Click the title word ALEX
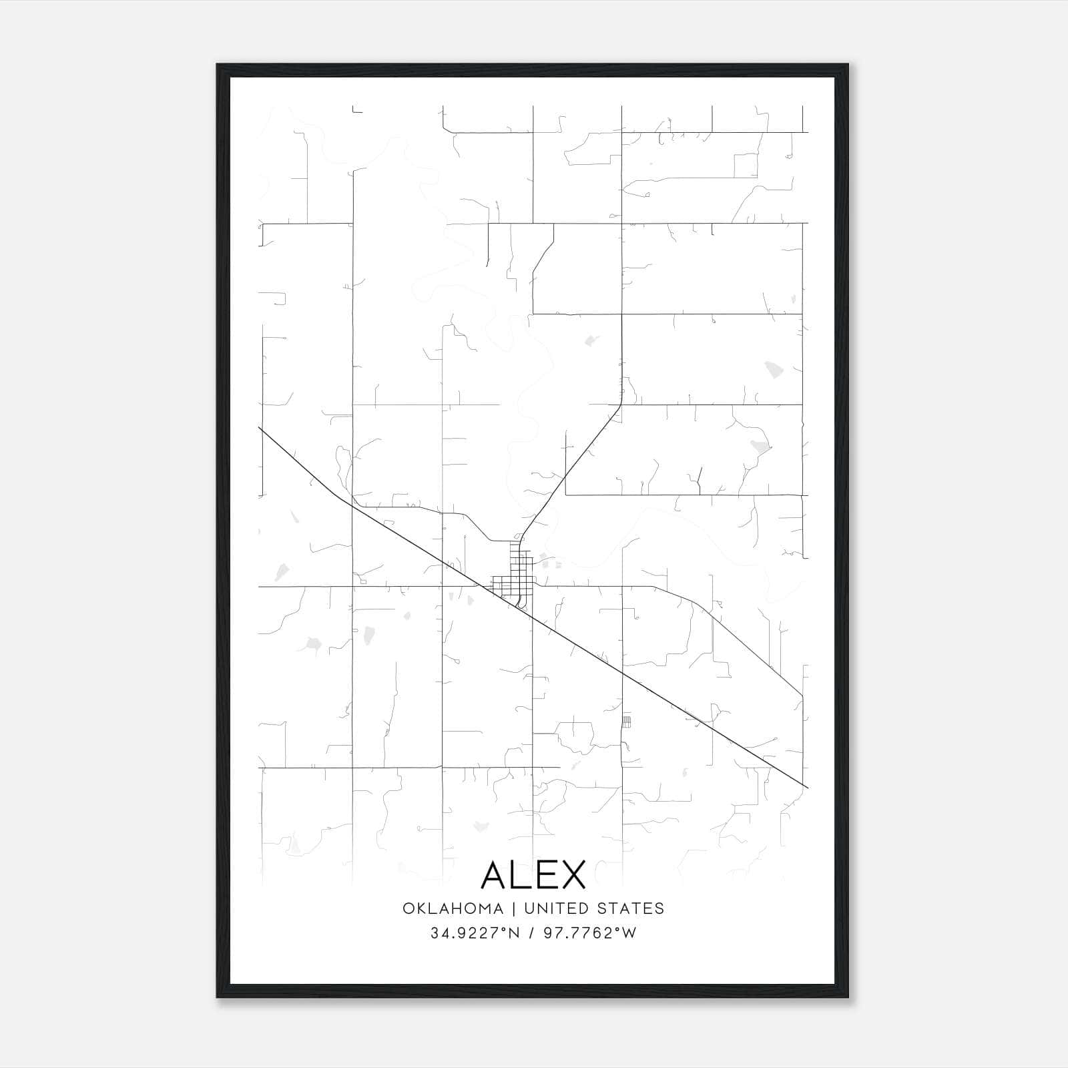coord(533,874)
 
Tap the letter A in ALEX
coord(495,874)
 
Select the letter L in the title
coord(522,874)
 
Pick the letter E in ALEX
coord(546,874)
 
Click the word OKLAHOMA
coord(453,908)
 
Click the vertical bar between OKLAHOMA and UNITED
coord(514,908)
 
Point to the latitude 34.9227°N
coord(475,933)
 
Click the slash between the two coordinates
coord(532,933)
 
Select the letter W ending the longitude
coord(629,933)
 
